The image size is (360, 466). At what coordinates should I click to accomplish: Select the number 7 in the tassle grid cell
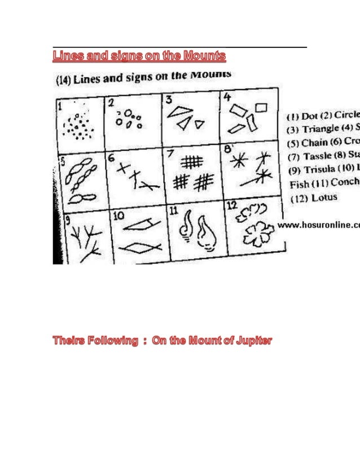(170, 153)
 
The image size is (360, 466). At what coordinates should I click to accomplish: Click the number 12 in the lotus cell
(231, 206)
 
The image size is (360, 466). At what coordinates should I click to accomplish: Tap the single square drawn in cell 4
(261, 107)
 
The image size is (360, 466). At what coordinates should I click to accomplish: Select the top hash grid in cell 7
(191, 162)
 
